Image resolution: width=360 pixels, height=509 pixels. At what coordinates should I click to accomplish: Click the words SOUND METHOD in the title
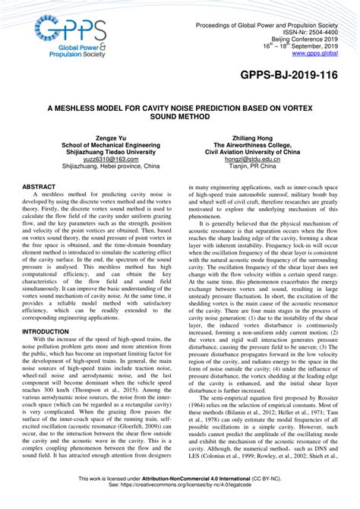pyautogui.click(x=180, y=119)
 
